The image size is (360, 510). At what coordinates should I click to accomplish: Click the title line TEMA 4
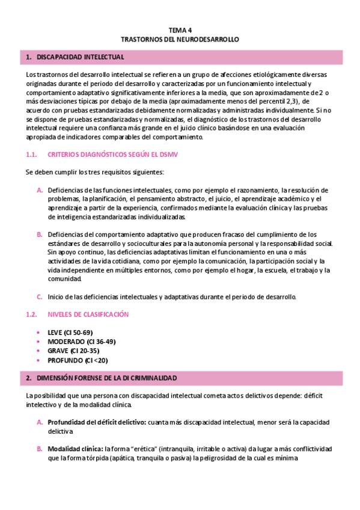[180, 29]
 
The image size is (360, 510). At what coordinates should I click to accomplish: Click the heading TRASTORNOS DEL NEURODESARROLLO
[180, 38]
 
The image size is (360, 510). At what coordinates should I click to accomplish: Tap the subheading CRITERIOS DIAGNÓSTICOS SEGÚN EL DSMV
[112, 155]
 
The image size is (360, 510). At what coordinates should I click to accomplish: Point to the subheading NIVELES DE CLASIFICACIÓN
[88, 314]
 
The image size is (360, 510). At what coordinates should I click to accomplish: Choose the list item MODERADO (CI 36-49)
[81, 342]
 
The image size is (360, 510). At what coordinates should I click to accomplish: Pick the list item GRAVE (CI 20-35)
[73, 351]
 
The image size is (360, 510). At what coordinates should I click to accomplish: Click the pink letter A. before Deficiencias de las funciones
[39, 190]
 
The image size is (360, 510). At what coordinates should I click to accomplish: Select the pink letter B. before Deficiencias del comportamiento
[39, 234]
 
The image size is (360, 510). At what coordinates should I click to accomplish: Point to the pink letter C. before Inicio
[39, 296]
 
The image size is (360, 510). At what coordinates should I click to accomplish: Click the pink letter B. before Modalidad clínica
[39, 449]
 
